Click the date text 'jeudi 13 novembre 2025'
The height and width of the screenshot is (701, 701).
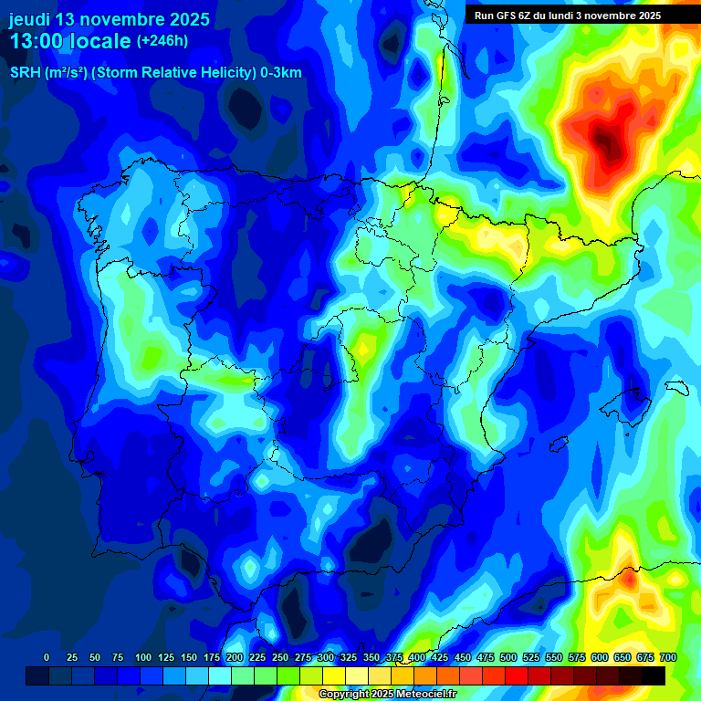pos(109,19)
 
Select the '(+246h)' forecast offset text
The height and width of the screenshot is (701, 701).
pos(162,41)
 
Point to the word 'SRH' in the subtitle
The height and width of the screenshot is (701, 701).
pos(25,73)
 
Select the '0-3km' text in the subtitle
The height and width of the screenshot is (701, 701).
pos(281,73)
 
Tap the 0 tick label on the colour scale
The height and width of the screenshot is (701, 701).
pos(47,657)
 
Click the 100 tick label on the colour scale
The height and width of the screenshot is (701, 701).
pos(142,657)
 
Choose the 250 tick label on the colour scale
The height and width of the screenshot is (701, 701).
pos(279,657)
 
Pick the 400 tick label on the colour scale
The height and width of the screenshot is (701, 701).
pos(416,657)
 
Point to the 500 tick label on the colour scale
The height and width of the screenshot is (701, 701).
pos(507,657)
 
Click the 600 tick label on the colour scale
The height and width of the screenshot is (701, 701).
pos(599,657)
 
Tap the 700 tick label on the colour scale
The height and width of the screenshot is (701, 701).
pos(668,657)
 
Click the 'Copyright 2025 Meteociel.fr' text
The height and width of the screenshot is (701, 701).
pos(387,694)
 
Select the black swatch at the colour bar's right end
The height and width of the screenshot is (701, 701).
pos(654,675)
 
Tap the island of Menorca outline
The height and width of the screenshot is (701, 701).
pos(676,387)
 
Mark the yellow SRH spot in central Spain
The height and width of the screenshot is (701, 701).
pos(365,347)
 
